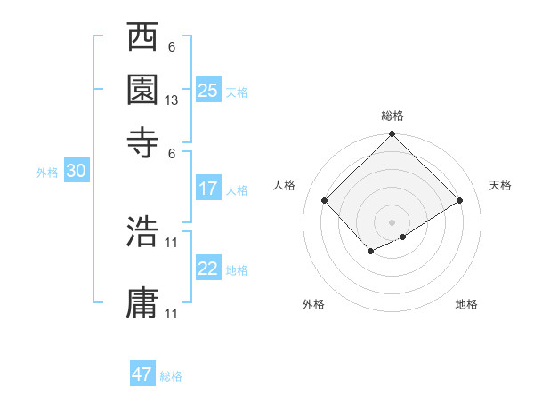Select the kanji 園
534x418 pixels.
click(142, 88)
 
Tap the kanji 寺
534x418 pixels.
click(142, 140)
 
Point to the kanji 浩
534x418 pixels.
click(142, 234)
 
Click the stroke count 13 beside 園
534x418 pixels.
click(172, 101)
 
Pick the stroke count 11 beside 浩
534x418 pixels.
click(172, 242)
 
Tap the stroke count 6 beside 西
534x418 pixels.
click(172, 47)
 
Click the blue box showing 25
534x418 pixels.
click(208, 90)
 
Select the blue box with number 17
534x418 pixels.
click(208, 189)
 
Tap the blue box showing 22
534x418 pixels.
click(208, 269)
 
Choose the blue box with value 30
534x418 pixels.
click(76, 172)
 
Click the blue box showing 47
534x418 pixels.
click(142, 374)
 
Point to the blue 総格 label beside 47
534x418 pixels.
click(171, 376)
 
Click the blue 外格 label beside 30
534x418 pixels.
click(46, 173)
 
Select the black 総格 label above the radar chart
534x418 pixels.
click(392, 116)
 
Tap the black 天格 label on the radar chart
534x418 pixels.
click(500, 185)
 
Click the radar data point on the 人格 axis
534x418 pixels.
click(325, 200)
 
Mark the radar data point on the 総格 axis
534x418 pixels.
click(392, 136)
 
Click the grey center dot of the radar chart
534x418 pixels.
click(392, 221)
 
